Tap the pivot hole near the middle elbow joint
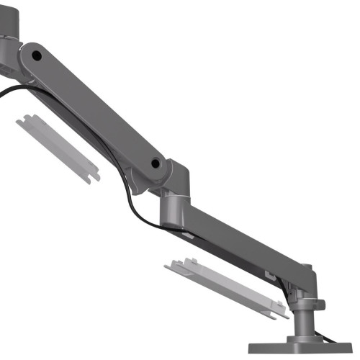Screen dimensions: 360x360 coord(156,164)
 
